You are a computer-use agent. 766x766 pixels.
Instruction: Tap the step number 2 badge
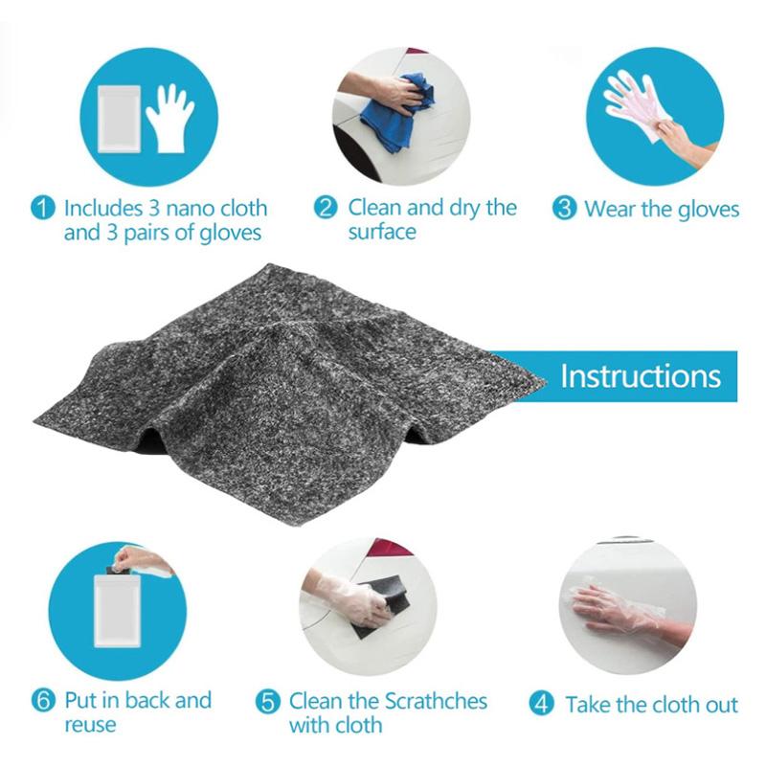(x=327, y=208)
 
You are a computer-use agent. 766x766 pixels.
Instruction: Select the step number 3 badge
(x=566, y=209)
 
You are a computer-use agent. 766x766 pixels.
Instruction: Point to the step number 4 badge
(x=543, y=704)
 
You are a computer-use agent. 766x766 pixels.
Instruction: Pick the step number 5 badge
(x=269, y=703)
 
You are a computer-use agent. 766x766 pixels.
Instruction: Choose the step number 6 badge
(x=44, y=700)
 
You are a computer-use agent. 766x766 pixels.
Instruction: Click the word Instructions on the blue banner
(x=640, y=375)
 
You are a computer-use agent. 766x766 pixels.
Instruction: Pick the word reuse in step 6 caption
(x=90, y=725)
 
